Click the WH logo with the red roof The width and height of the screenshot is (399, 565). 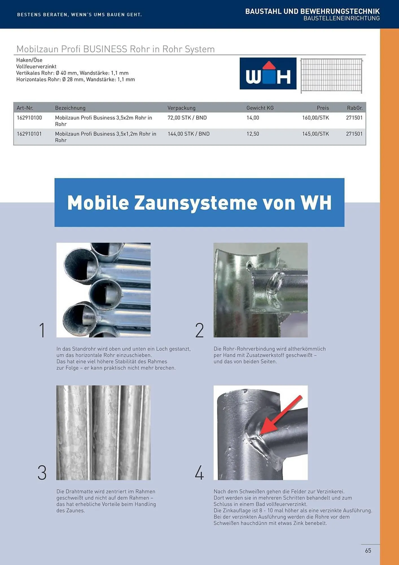(x=268, y=73)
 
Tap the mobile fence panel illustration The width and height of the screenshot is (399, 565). (x=331, y=75)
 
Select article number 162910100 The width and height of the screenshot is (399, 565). (x=29, y=118)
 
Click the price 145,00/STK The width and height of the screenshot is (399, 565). (x=315, y=134)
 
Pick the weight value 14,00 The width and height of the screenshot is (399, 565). (x=253, y=118)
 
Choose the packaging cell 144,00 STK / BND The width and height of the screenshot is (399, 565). (x=188, y=134)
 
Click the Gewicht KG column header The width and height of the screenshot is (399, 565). (x=260, y=108)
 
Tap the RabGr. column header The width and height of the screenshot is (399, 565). (x=355, y=108)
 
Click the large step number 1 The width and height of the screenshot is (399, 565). (x=42, y=330)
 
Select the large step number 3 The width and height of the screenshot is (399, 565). (x=42, y=473)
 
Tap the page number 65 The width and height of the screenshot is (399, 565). (x=368, y=551)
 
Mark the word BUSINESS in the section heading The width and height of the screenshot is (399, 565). (x=105, y=49)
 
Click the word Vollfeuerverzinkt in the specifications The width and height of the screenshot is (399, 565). (x=36, y=67)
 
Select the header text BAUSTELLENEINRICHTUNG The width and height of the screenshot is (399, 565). (x=341, y=18)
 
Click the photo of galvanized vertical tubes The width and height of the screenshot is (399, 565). (x=103, y=433)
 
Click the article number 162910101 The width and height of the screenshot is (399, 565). (x=29, y=134)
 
